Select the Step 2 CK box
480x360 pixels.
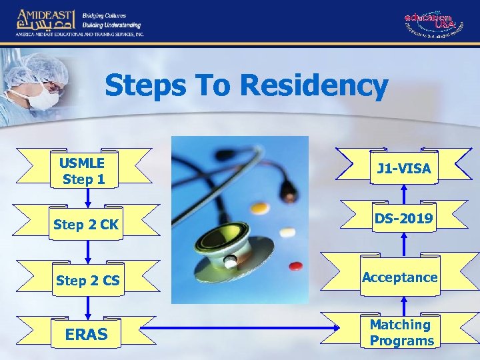pyautogui.click(x=87, y=225)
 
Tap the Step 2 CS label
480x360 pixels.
pyautogui.click(x=87, y=281)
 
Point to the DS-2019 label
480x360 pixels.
pyautogui.click(x=403, y=219)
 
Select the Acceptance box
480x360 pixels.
pyautogui.click(x=400, y=277)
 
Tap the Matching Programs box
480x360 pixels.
pyautogui.click(x=401, y=333)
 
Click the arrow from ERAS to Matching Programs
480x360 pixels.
pyautogui.click(x=240, y=328)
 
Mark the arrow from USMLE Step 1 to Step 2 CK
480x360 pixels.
pyautogui.click(x=87, y=197)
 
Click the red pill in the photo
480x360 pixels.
pyautogui.click(x=295, y=267)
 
